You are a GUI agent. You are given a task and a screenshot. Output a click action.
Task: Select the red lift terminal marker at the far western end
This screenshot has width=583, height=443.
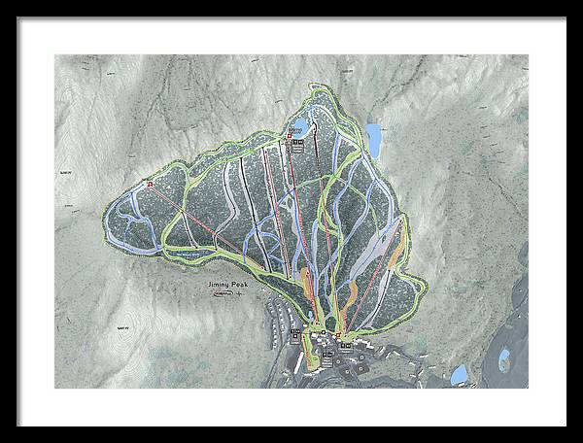151,183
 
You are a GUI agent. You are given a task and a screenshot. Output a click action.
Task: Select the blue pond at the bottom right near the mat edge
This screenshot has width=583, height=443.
459,375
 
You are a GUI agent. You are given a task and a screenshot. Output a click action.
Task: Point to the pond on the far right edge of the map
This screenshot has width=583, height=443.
504,360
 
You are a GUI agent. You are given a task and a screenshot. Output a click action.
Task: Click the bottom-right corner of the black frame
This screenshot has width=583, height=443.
566,425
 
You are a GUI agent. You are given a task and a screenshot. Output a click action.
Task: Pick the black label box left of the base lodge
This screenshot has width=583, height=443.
296,333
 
